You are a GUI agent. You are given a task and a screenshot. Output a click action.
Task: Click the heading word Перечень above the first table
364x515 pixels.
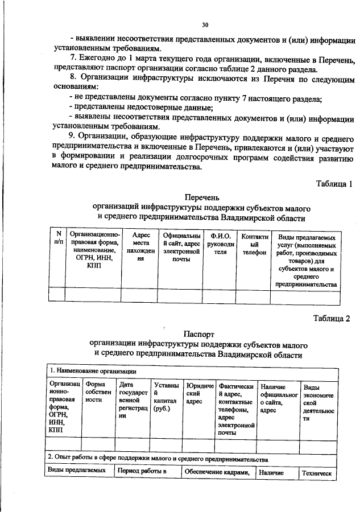pyautogui.click(x=200, y=197)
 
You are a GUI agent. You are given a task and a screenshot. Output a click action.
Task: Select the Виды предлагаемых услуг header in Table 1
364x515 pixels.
pyautogui.click(x=305, y=259)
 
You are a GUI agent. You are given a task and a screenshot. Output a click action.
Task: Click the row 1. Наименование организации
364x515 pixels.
pyautogui.click(x=88, y=370)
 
